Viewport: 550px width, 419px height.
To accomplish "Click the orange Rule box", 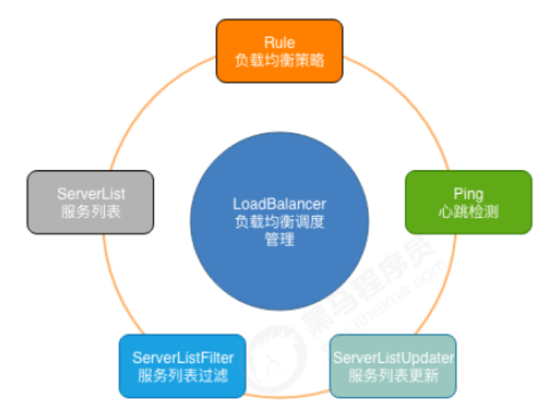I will (279, 50).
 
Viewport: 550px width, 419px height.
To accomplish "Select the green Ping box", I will (468, 202).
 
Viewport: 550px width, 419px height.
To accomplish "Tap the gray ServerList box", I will (91, 202).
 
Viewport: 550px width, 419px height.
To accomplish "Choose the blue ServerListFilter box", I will (183, 366).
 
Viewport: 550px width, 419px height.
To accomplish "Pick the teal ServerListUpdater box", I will (393, 366).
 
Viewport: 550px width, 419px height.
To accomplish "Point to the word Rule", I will (279, 42).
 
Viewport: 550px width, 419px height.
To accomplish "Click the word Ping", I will (469, 193).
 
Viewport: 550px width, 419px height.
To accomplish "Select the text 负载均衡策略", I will (279, 60).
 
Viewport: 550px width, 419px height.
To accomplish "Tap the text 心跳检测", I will (469, 211).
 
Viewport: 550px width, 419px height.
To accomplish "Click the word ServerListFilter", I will (183, 357).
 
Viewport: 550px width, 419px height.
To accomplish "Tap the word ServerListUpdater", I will (393, 357).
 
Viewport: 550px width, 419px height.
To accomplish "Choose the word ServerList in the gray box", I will (91, 193).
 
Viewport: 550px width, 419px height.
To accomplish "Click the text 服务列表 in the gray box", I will (91, 211).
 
